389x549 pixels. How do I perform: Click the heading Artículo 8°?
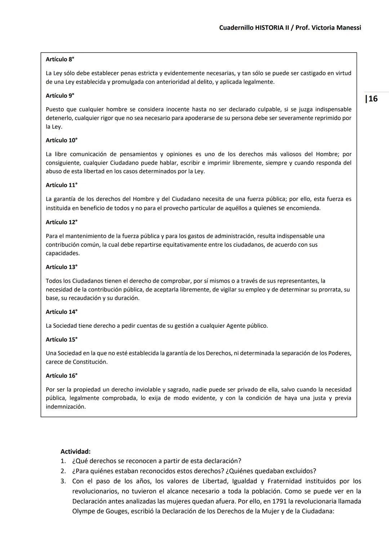click(x=60, y=59)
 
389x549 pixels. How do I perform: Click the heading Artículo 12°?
click(x=61, y=222)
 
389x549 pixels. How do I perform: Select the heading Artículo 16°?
click(x=61, y=376)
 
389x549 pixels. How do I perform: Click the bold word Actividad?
click(x=75, y=451)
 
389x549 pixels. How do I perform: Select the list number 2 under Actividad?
click(x=63, y=471)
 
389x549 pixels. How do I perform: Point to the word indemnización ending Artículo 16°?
click(x=66, y=407)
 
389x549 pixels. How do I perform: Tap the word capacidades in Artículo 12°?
click(x=63, y=253)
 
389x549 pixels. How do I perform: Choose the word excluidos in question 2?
click(x=301, y=471)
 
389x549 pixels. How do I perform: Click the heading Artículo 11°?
click(x=61, y=185)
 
